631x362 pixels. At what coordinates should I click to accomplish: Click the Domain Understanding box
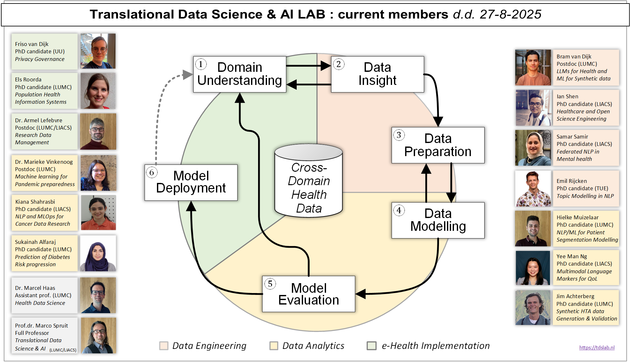pyautogui.click(x=240, y=74)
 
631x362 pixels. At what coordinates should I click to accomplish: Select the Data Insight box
pyautogui.click(x=377, y=74)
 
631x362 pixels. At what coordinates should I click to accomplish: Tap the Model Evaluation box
pyautogui.click(x=308, y=294)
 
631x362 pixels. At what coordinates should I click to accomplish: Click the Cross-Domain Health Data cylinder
pyautogui.click(x=308, y=185)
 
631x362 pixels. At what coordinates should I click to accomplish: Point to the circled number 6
pyautogui.click(x=152, y=173)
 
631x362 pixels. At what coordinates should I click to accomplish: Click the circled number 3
pyautogui.click(x=399, y=135)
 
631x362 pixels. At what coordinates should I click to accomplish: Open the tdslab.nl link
pyautogui.click(x=597, y=348)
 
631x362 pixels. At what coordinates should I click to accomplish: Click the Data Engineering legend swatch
pyautogui.click(x=164, y=346)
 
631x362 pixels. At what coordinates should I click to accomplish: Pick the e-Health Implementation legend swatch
pyautogui.click(x=371, y=346)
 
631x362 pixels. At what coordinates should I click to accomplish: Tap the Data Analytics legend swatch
pyautogui.click(x=274, y=346)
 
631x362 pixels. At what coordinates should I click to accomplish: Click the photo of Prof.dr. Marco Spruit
pyautogui.click(x=98, y=335)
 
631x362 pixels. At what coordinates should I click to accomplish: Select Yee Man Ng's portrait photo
pyautogui.click(x=533, y=268)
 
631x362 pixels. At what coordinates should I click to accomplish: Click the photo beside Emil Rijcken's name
pyautogui.click(x=533, y=189)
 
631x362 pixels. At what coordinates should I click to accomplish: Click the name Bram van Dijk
pyautogui.click(x=574, y=57)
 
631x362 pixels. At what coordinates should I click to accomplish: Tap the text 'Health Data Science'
pyautogui.click(x=40, y=303)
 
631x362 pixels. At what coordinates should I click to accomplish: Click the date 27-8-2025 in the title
pyautogui.click(x=510, y=14)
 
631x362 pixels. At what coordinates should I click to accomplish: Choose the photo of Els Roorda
pyautogui.click(x=98, y=91)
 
